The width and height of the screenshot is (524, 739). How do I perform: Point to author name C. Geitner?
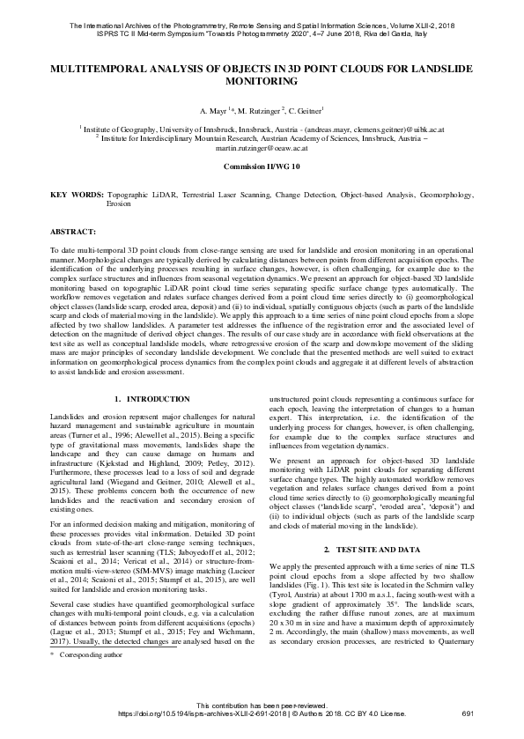pos(306,110)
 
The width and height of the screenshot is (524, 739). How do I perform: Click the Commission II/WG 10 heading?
pos(262,166)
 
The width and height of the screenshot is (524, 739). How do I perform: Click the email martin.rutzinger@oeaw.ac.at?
pos(262,151)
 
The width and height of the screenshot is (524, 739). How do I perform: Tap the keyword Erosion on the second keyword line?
pos(119,202)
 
